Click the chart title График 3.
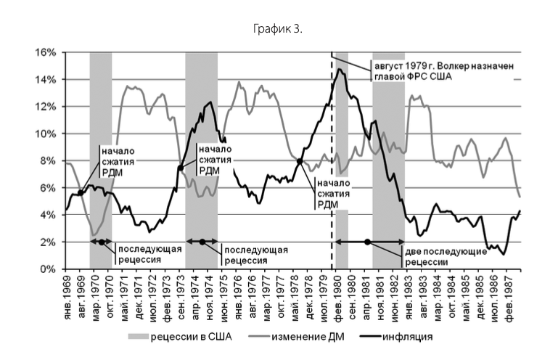coord(278,30)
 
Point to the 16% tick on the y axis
coord(46,53)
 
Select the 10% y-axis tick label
coord(46,134)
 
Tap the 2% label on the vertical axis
coord(48,242)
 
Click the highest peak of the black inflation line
coord(340,69)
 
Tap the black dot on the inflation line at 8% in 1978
coord(300,161)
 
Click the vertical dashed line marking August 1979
coord(332,181)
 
